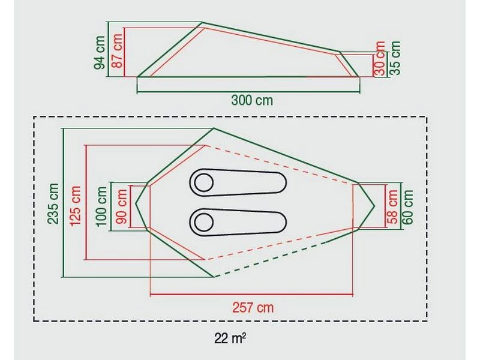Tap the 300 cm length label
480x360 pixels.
tap(252, 100)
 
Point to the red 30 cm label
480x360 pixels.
tap(379, 58)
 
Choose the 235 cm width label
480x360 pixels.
tap(54, 203)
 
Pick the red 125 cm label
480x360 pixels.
tap(76, 203)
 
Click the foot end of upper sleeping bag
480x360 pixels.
tap(279, 182)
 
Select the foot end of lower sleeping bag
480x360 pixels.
tap(279, 222)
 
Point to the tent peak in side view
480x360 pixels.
tap(202, 24)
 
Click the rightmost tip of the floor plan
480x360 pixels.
tap(374, 206)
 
